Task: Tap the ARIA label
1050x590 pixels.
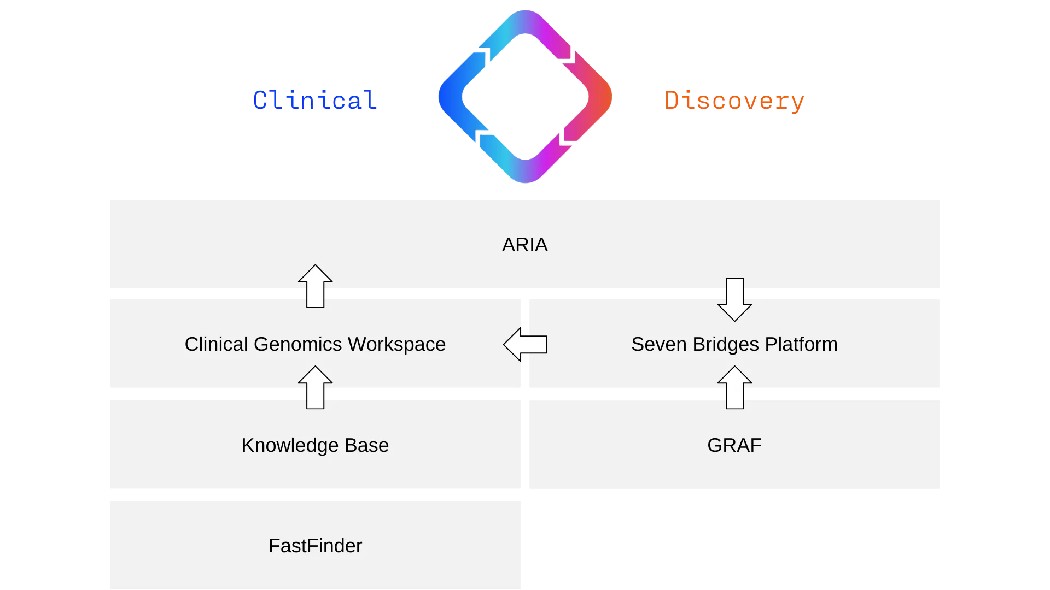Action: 524,245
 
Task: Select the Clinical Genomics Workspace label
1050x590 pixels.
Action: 315,344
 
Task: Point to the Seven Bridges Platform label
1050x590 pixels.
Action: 734,344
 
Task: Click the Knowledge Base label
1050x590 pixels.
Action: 315,445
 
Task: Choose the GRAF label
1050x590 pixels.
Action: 734,445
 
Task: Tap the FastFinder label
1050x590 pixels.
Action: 315,546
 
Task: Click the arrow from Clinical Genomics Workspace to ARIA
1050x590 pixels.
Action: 316,286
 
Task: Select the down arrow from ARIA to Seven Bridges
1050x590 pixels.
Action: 734,299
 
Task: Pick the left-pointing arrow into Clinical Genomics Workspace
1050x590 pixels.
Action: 525,345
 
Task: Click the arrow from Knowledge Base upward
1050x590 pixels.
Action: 316,387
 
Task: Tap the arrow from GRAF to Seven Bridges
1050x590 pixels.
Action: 734,387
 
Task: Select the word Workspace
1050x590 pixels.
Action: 396,344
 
